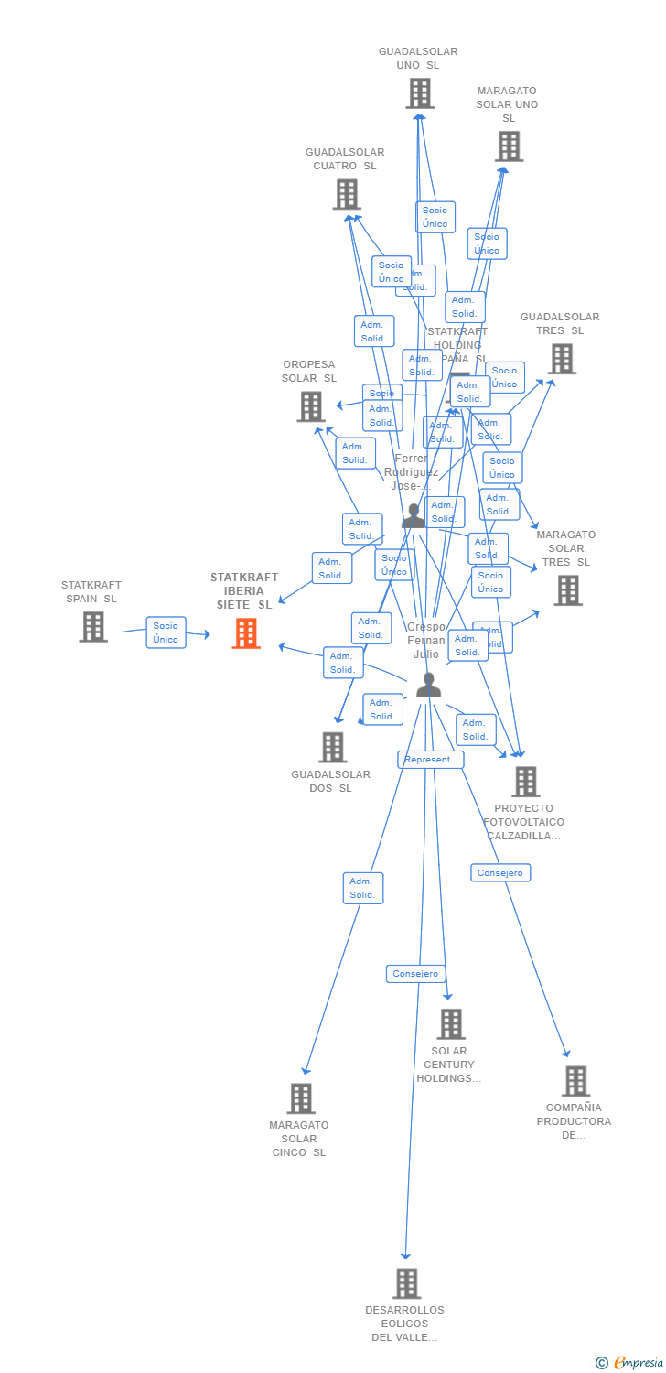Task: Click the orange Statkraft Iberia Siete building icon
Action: point(246,633)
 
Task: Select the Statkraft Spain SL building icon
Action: point(93,627)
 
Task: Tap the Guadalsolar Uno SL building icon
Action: point(420,93)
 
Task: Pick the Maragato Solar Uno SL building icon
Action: point(509,146)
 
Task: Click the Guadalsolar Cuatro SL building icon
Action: point(347,194)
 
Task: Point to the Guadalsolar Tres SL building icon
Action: point(562,359)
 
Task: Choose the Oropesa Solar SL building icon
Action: point(311,406)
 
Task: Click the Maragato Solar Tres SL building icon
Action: point(567,590)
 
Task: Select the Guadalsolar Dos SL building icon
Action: point(333,747)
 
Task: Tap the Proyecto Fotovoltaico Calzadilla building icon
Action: point(525,782)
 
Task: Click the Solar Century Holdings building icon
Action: point(451,1024)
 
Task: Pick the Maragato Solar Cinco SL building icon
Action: point(301,1098)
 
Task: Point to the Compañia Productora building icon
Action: point(575,1081)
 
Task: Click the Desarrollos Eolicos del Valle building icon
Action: point(406,1283)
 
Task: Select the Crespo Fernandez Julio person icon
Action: point(428,685)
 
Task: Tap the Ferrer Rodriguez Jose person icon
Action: point(414,515)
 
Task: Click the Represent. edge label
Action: point(430,760)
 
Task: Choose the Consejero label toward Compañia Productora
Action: point(500,873)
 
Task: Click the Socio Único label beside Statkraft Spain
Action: point(166,632)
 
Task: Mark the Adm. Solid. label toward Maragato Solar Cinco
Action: point(363,888)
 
